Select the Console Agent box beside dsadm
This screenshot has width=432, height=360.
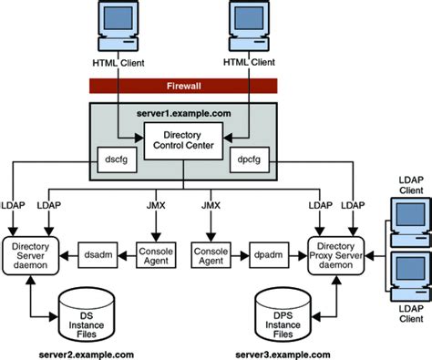(x=155, y=254)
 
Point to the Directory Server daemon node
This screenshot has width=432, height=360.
(x=32, y=254)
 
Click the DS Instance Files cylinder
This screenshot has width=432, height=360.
(x=88, y=308)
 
